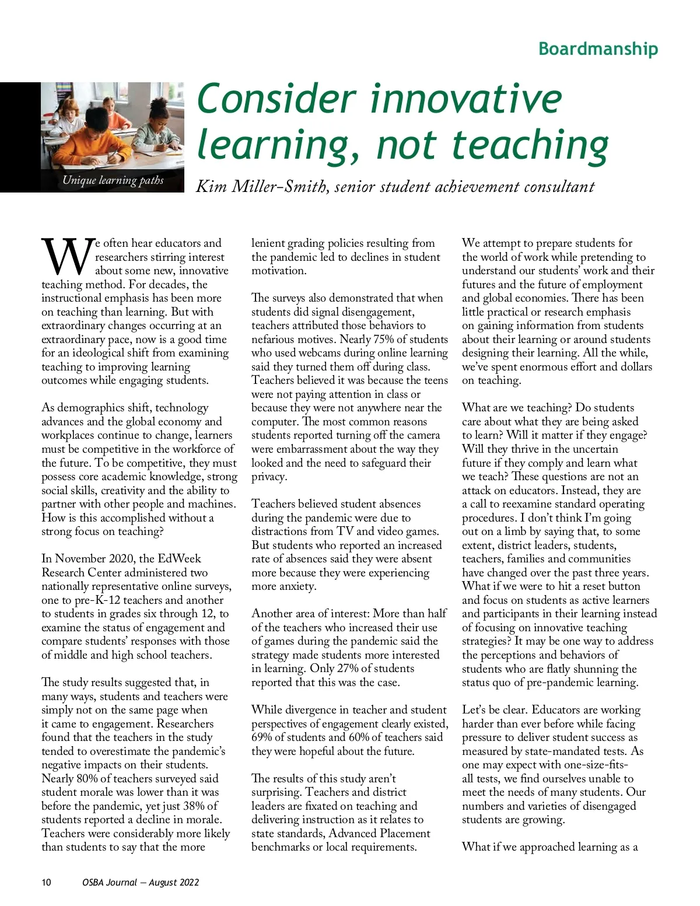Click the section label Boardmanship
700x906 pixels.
598,48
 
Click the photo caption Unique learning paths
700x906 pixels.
113,180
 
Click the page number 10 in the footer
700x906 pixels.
46,882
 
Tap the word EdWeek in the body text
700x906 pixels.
179,559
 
